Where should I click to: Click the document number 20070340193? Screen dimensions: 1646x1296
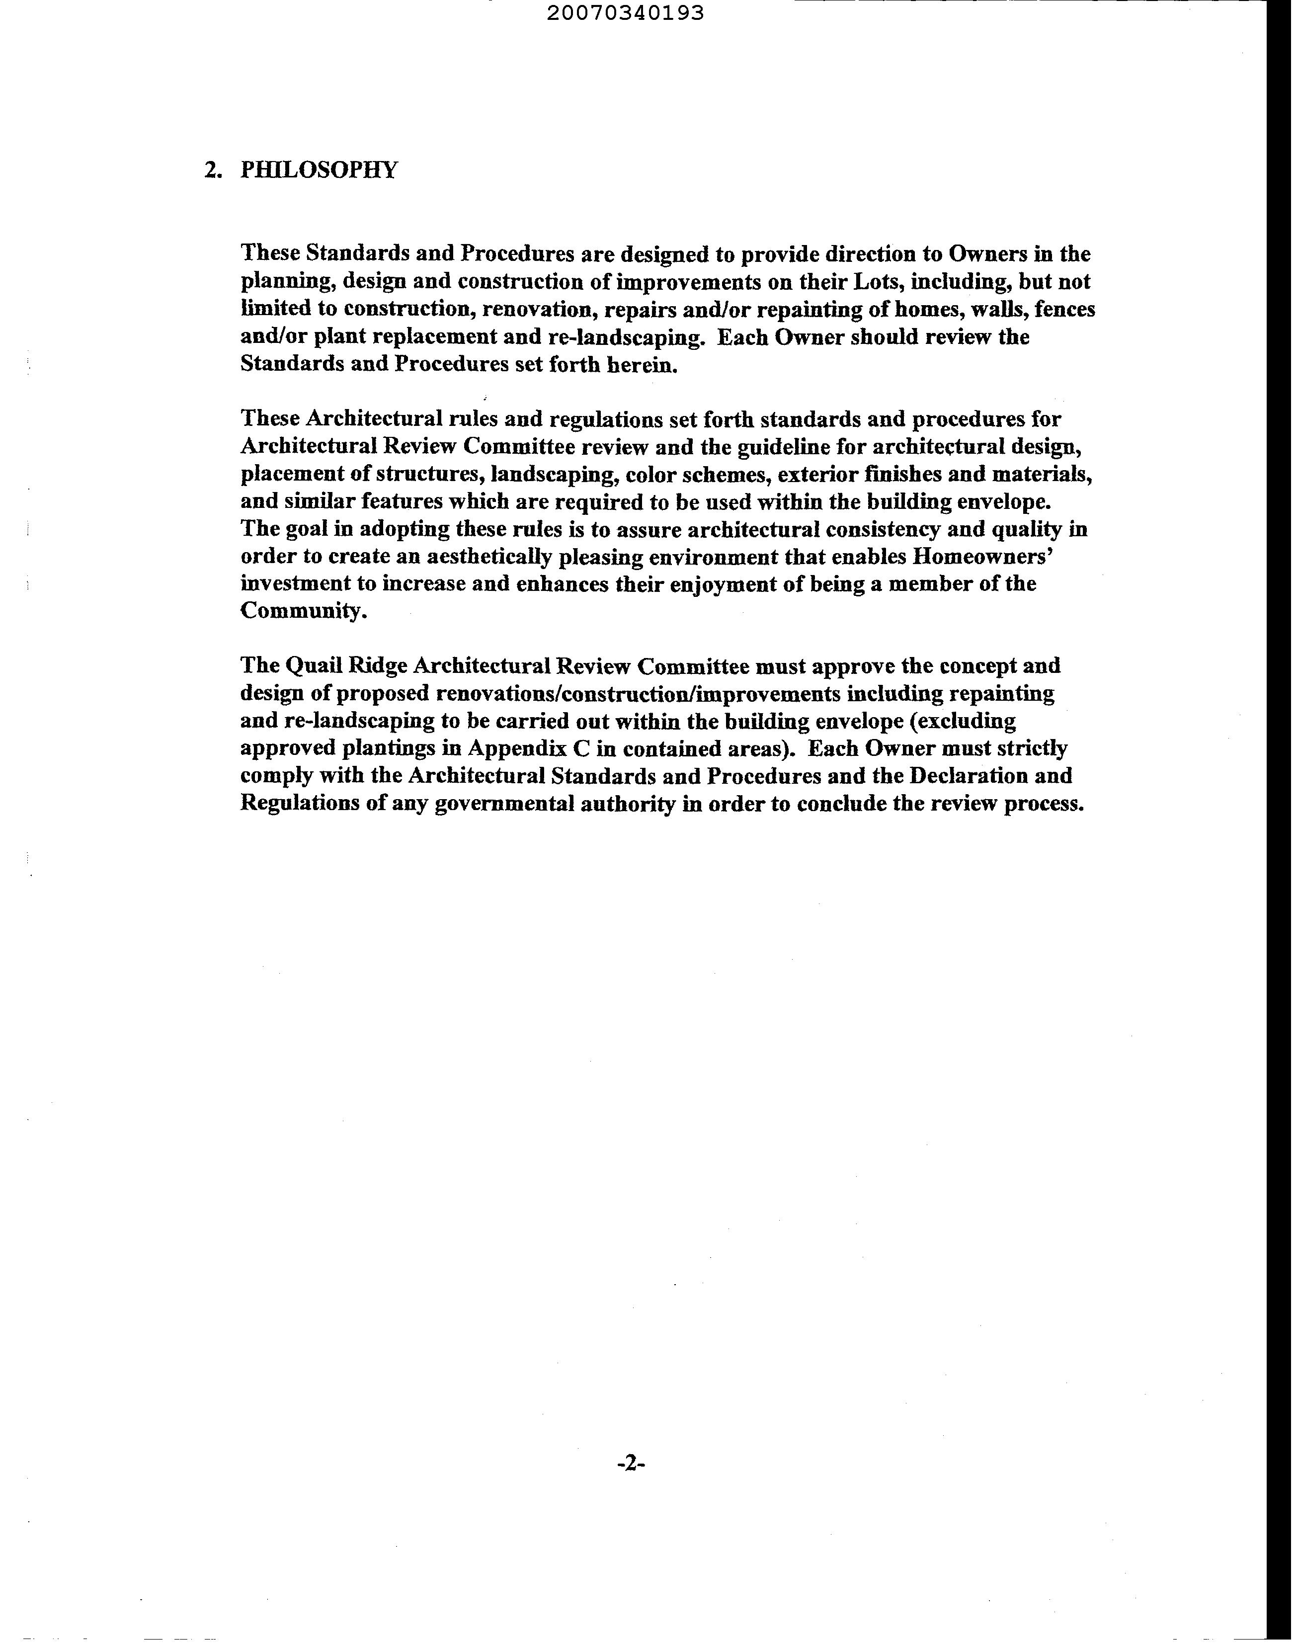tap(625, 13)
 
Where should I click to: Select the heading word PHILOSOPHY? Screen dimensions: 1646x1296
tap(319, 169)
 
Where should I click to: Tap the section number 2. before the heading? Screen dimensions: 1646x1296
tap(213, 169)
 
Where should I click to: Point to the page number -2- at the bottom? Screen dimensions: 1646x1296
tap(631, 1464)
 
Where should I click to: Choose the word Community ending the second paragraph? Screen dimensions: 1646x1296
tap(303, 612)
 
